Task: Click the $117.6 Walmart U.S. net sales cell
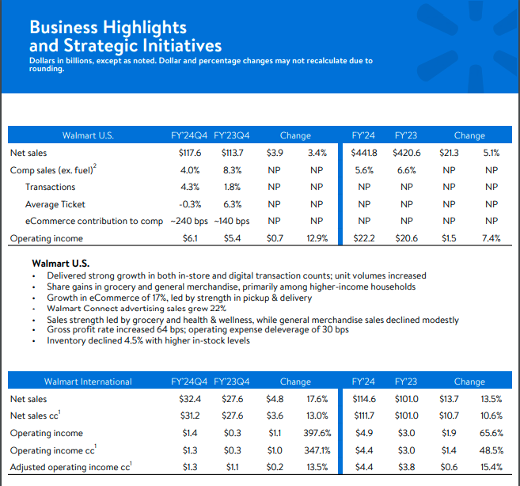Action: (x=190, y=153)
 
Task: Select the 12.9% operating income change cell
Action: (x=317, y=238)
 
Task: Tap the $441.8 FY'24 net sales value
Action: (x=364, y=153)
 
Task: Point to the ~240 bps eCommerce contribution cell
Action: (x=189, y=221)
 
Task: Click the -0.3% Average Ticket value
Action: (x=190, y=204)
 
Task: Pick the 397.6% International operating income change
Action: (x=317, y=433)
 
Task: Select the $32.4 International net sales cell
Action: (x=190, y=399)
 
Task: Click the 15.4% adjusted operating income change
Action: (x=492, y=467)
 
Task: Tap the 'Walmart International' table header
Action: (x=88, y=382)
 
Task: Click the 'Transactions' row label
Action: (x=51, y=187)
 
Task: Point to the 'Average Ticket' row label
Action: (x=55, y=204)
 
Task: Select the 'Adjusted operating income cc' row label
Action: (x=71, y=467)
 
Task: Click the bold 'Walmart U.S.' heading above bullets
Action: (x=61, y=264)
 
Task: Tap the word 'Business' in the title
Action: (x=63, y=27)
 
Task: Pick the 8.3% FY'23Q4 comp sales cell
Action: (x=232, y=170)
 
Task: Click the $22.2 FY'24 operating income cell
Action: (x=364, y=238)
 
